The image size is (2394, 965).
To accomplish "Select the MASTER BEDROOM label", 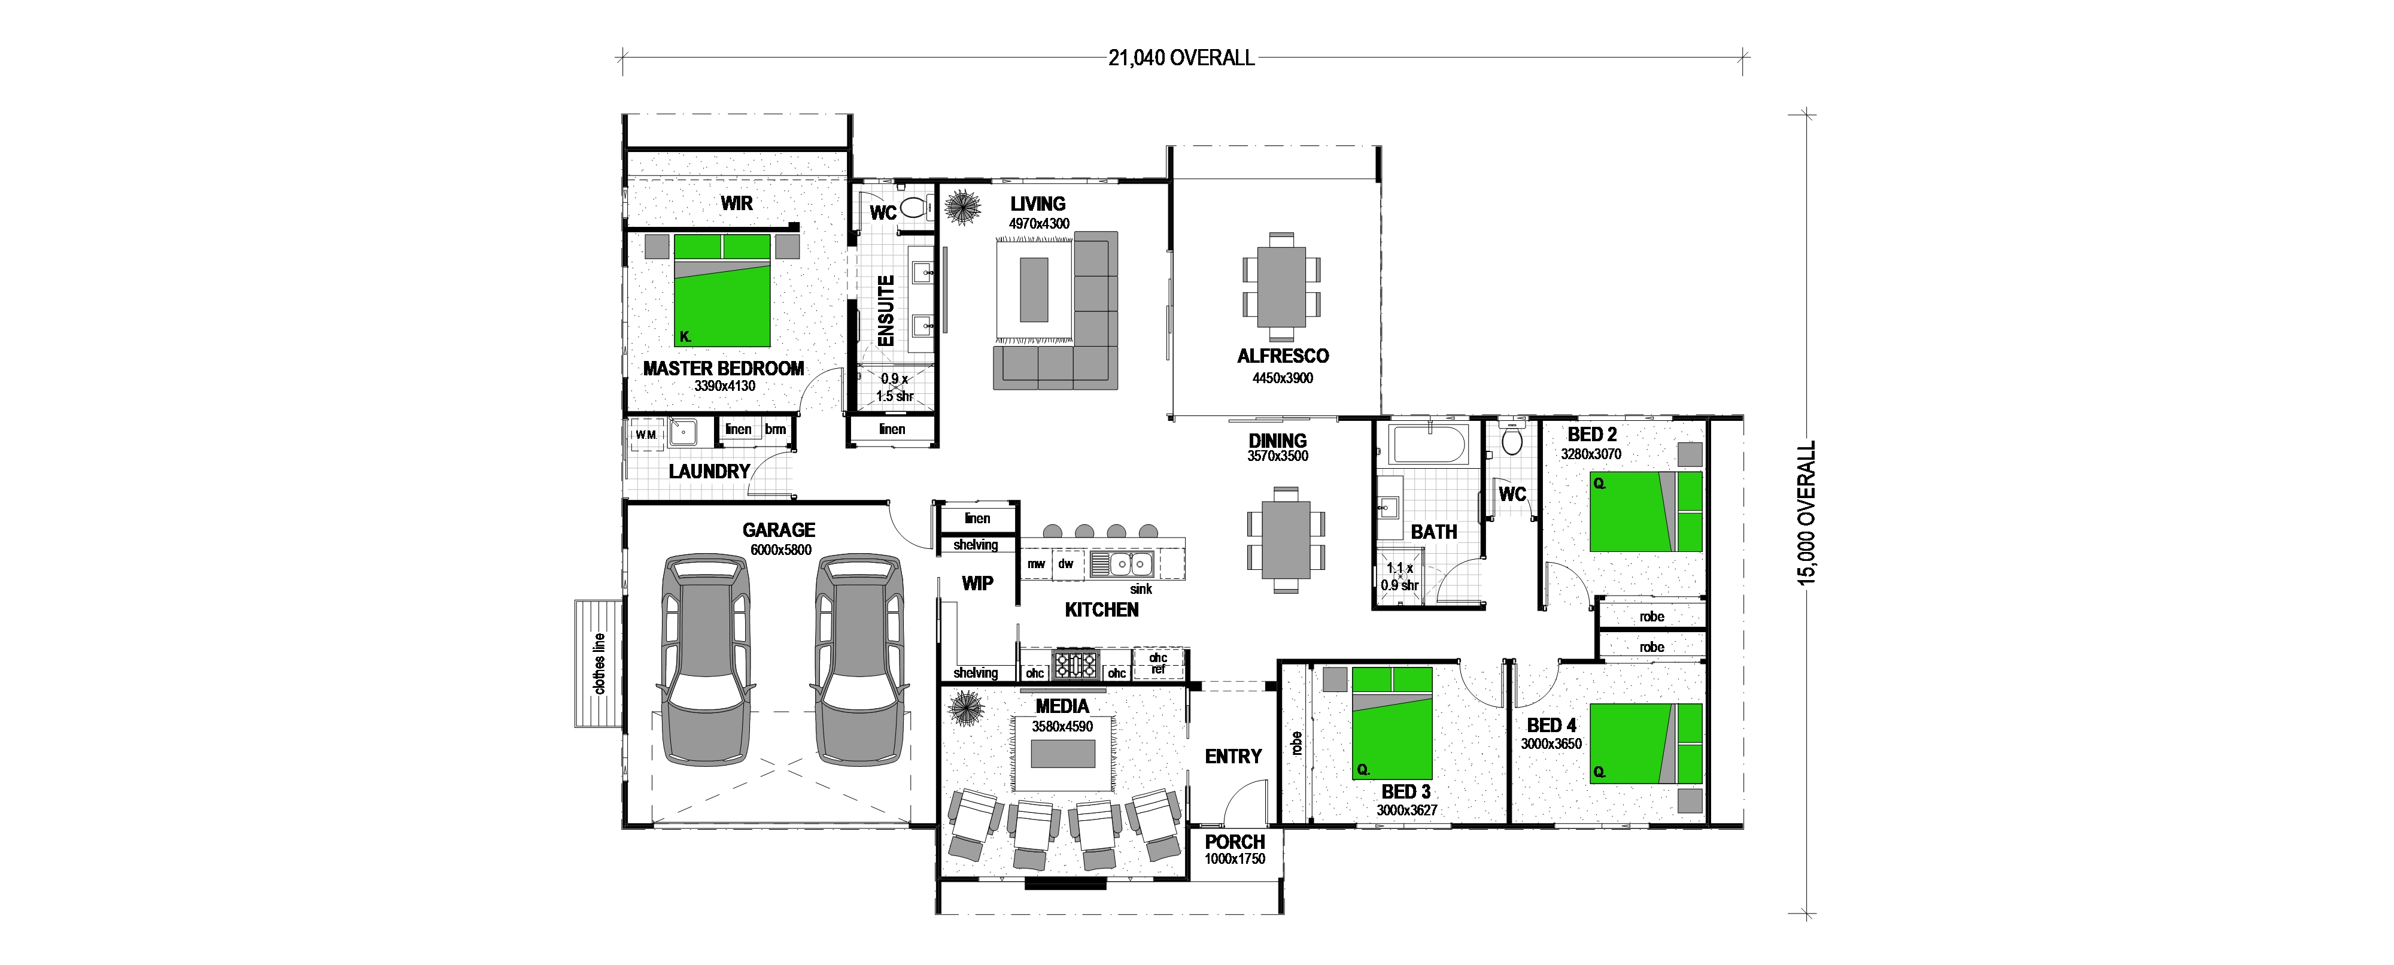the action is click(x=723, y=368).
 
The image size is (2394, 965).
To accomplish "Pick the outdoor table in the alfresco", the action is click(x=1281, y=286).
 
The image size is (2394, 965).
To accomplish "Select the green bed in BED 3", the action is click(x=1392, y=723).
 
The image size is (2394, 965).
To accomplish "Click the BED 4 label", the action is click(x=1551, y=725).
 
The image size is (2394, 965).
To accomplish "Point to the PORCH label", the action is click(x=1235, y=841).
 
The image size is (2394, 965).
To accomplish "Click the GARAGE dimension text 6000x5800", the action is click(x=780, y=550).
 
